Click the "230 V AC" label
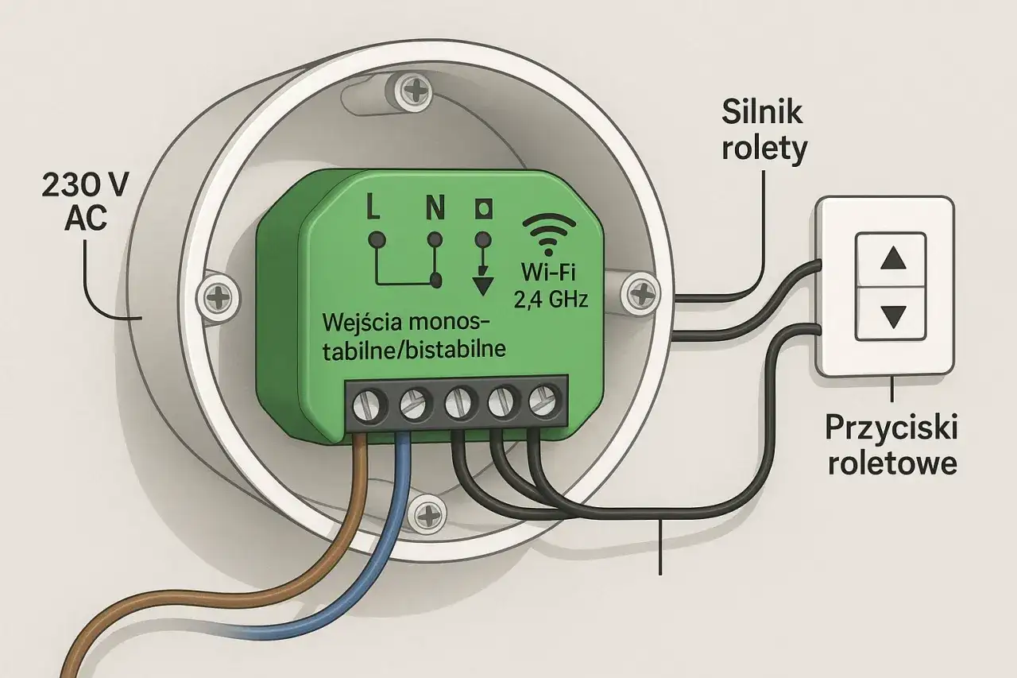(x=86, y=203)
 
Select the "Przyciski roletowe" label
(x=891, y=445)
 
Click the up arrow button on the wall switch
(x=894, y=258)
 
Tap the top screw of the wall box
(x=413, y=92)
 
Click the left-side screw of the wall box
(x=217, y=298)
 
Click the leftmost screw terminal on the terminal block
(x=368, y=405)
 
